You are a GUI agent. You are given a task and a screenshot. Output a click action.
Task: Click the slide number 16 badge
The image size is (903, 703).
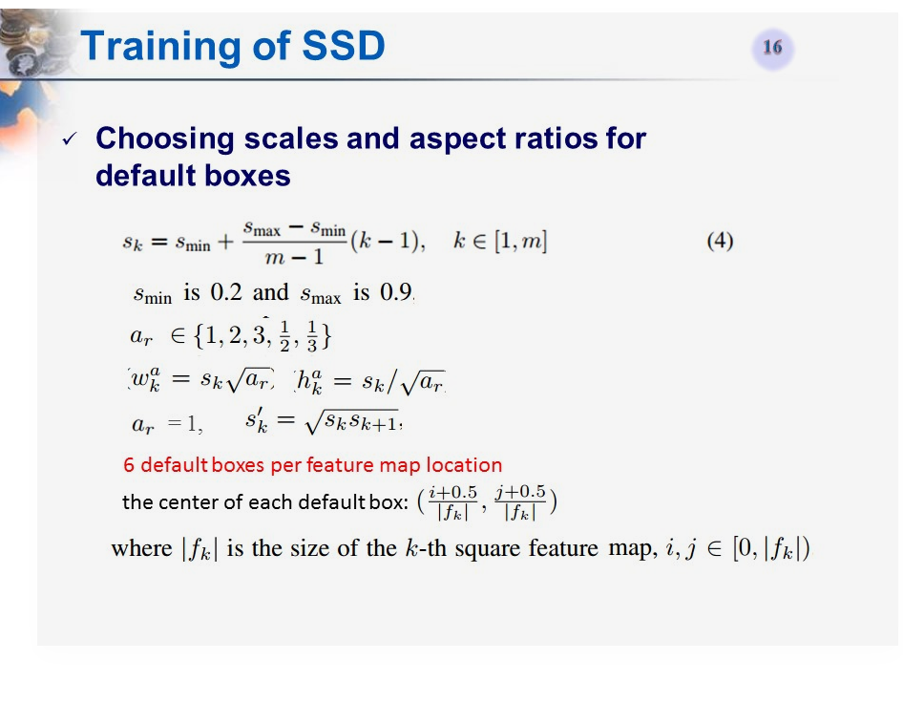click(x=772, y=48)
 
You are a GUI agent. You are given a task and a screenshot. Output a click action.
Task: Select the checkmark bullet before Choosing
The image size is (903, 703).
click(x=69, y=140)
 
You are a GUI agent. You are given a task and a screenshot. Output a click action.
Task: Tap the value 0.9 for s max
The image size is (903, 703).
click(x=396, y=293)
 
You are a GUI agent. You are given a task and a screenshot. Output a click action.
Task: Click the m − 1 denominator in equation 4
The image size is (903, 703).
click(x=293, y=257)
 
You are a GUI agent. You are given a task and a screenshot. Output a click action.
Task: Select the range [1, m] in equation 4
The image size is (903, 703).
click(x=519, y=242)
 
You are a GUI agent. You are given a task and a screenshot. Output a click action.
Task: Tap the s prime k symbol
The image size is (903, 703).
click(x=256, y=421)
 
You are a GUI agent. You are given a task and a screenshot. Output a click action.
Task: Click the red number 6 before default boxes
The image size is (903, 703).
click(x=129, y=466)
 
